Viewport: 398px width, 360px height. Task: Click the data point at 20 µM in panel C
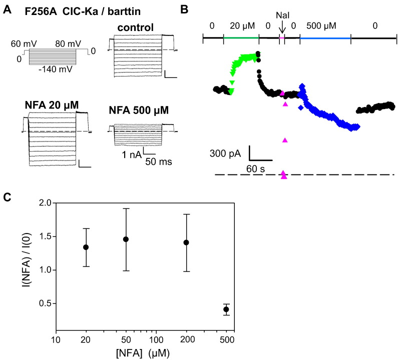tap(86, 247)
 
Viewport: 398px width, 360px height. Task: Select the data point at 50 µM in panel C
tap(126, 239)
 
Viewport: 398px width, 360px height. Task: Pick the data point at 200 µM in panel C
tap(186, 242)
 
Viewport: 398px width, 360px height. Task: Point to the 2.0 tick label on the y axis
tap(45, 203)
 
